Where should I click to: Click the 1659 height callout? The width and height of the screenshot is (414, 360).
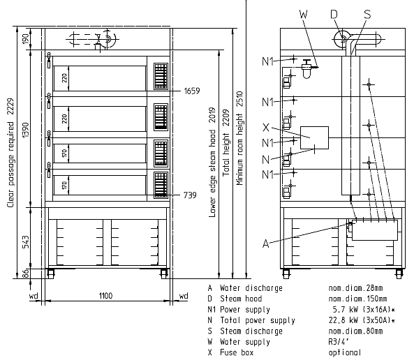192,91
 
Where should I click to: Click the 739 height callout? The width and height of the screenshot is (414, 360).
190,195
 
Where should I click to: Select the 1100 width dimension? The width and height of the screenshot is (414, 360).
106,295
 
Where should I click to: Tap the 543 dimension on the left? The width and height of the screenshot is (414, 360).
26,242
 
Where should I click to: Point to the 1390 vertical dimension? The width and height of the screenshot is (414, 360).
26,130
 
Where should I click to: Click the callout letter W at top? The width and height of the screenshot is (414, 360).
304,14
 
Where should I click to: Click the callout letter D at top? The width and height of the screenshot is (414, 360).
334,14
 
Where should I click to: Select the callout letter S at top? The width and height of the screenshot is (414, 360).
367,14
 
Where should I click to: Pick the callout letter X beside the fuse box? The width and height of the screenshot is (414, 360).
266,127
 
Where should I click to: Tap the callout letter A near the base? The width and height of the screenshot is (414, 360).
265,243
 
